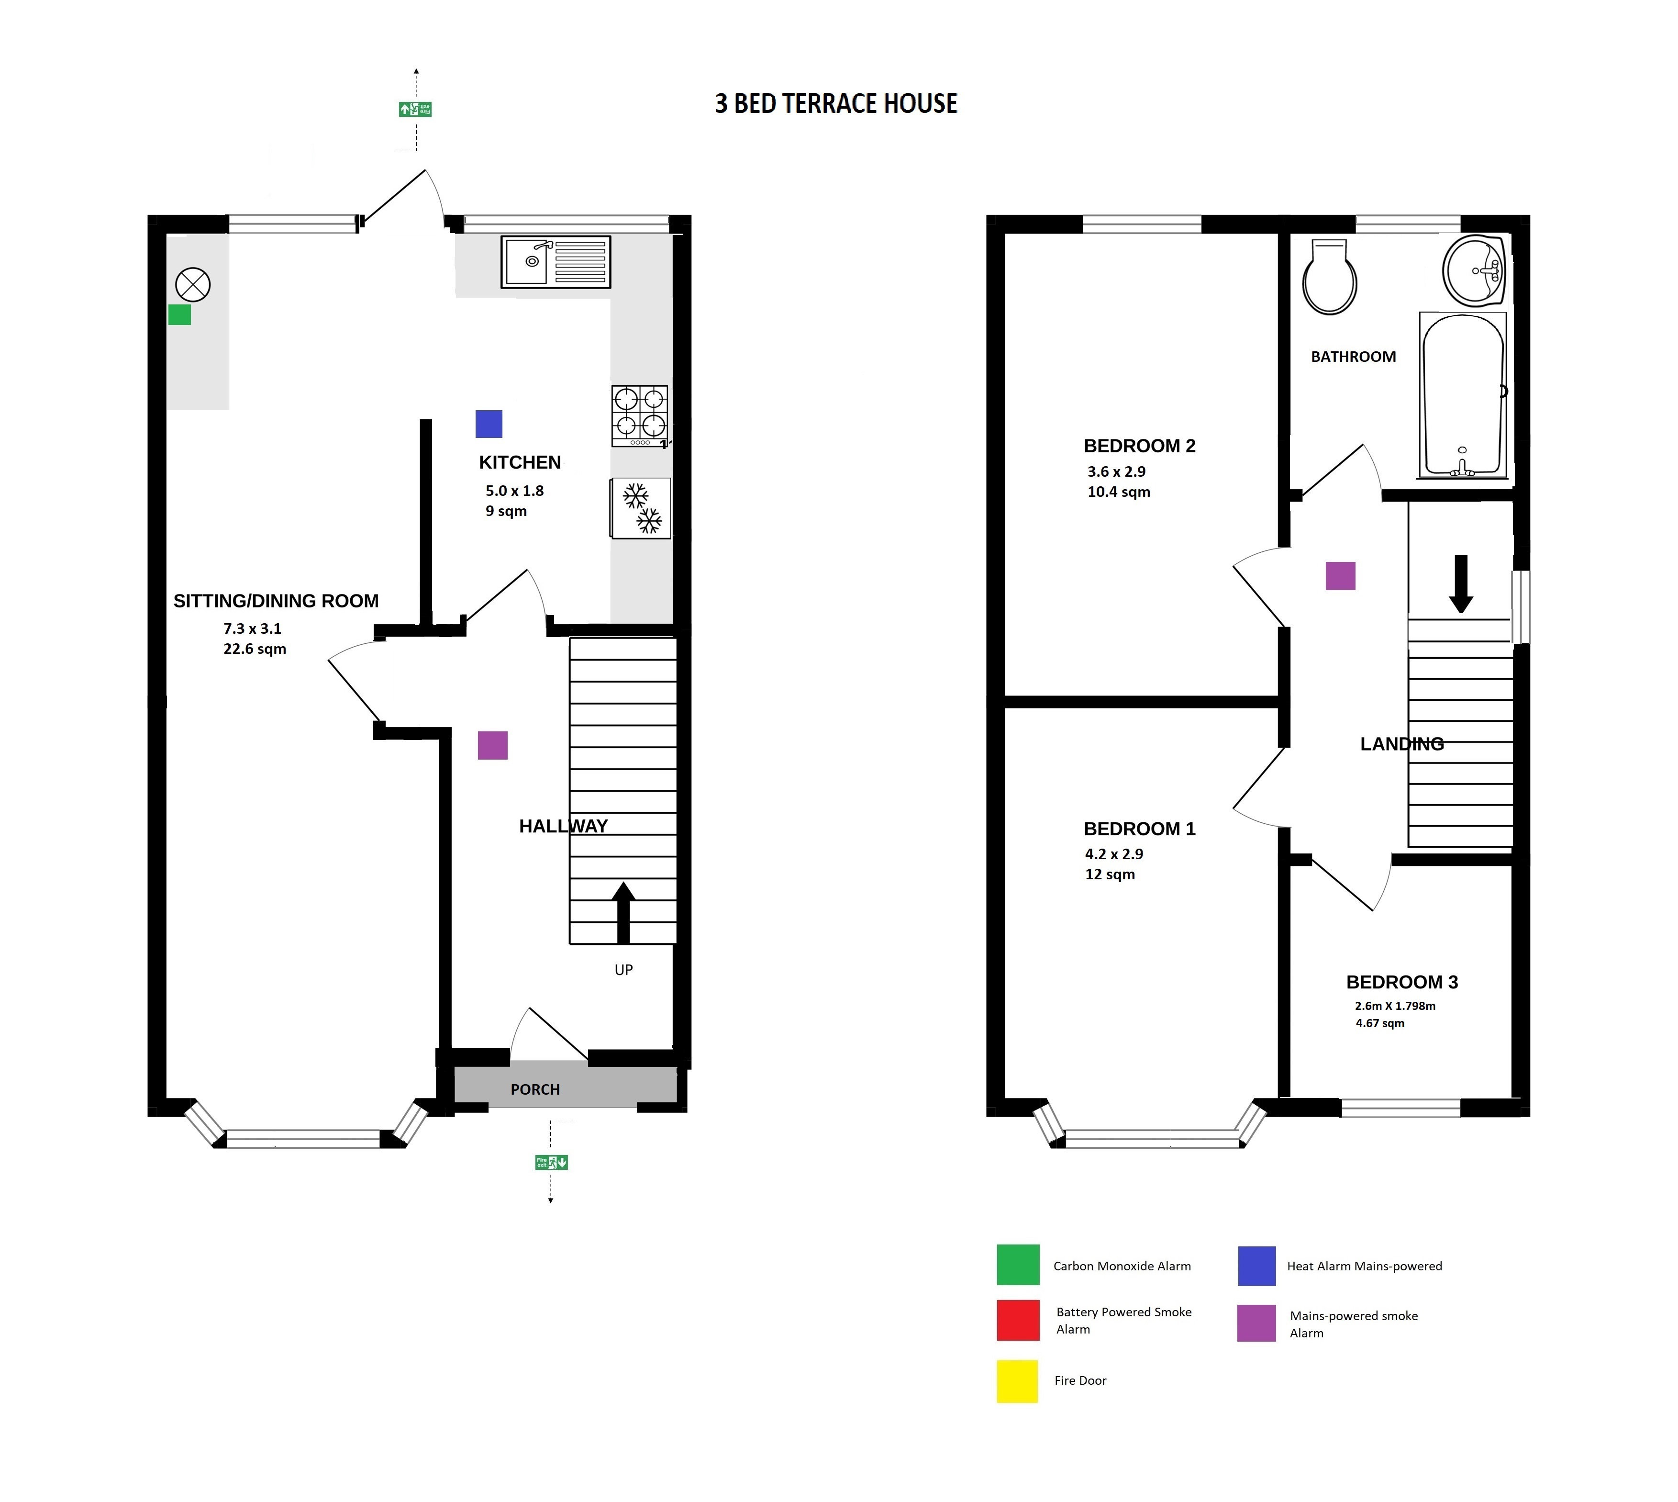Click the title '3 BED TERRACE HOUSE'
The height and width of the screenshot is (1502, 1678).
pos(836,103)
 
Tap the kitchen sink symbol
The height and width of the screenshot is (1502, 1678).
pos(555,262)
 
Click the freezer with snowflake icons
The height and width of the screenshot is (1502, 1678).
pos(640,508)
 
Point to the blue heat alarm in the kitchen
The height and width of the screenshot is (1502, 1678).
pos(489,424)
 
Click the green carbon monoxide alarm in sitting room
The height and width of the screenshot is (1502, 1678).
pos(180,314)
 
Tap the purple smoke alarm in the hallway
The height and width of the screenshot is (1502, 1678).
pos(492,745)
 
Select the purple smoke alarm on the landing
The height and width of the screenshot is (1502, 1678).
pos(1341,576)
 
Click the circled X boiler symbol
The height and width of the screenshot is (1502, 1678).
pos(193,285)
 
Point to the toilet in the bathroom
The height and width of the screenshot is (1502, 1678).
pos(1329,277)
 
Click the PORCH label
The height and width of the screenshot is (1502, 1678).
pos(535,1089)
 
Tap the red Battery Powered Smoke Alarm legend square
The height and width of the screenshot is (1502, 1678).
pos(1018,1321)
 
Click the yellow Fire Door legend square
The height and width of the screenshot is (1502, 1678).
pos(1017,1381)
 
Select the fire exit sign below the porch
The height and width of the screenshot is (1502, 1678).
pos(551,1162)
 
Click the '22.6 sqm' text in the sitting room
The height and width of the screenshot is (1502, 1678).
pos(255,649)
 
